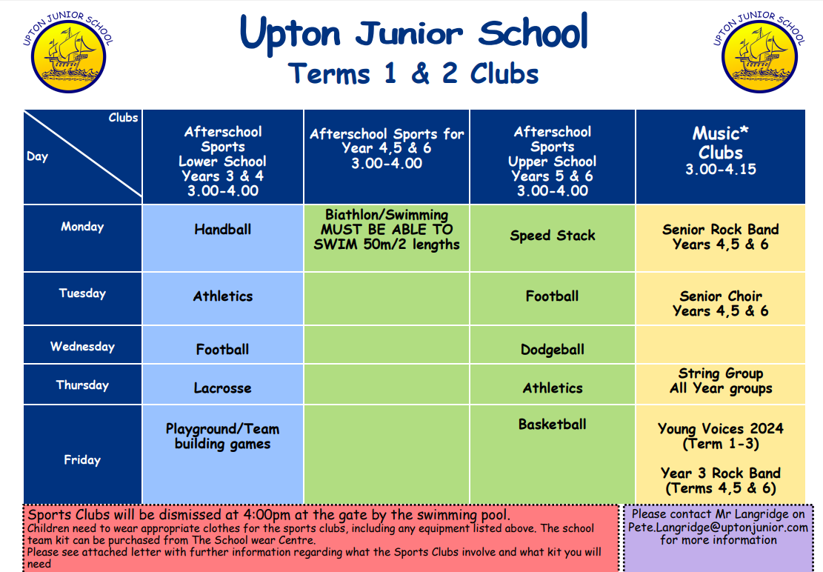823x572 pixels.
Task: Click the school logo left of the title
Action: pos(68,53)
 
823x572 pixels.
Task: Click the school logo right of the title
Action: pos(759,53)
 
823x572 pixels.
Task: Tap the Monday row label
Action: pos(82,227)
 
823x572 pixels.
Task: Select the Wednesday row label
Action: pos(82,346)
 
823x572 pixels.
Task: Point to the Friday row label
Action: pos(82,459)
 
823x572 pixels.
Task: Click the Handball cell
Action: pos(222,230)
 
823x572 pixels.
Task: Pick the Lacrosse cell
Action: pos(222,388)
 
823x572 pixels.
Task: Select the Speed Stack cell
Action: pos(552,236)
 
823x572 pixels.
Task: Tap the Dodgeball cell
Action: pos(552,350)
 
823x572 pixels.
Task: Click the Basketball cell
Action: pos(552,424)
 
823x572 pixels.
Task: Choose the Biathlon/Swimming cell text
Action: pos(386,230)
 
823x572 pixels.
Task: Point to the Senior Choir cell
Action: pos(721,303)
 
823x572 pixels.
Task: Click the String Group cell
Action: pos(721,380)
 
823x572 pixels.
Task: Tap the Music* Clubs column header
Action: pos(721,150)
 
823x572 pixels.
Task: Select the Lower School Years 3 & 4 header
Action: pos(222,161)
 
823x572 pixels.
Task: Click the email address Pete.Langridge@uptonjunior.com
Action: pos(718,527)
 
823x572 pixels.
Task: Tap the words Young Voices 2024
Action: pos(721,428)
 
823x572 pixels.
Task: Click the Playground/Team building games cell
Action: pos(222,436)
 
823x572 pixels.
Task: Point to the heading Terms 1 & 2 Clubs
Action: pos(413,73)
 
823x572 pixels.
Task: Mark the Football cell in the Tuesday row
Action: pos(552,296)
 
